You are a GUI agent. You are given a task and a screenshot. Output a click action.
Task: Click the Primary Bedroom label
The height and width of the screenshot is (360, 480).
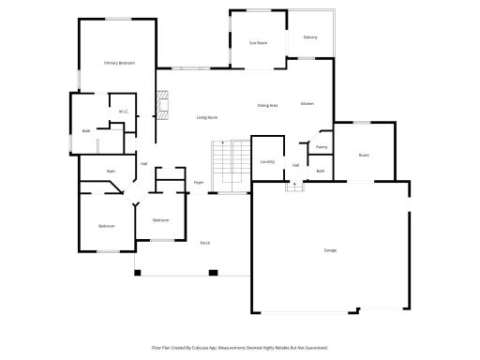(119, 63)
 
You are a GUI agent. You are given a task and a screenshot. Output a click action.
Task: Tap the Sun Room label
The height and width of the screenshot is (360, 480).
(258, 43)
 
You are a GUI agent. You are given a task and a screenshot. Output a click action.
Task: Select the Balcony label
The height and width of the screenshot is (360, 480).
(310, 37)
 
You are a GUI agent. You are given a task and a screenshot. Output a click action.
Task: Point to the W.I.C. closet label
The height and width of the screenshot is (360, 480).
(123, 112)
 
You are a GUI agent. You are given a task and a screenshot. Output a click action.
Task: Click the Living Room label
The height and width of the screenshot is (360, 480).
(207, 117)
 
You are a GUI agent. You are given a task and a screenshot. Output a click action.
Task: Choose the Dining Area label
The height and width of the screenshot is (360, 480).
(268, 105)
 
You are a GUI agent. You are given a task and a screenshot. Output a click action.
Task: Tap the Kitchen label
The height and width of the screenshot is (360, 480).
(307, 103)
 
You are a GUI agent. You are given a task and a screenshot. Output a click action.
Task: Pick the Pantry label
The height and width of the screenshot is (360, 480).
(322, 147)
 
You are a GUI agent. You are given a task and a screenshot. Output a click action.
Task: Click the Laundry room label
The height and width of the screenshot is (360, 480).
(266, 162)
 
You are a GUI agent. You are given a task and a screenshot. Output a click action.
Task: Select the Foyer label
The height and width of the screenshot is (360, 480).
(199, 182)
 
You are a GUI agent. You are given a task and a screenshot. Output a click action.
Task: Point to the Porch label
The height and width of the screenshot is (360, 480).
(204, 243)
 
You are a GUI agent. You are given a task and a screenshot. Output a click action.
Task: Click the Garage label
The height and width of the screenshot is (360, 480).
(330, 250)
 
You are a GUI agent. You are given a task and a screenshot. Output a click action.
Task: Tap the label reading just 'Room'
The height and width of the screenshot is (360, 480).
(364, 155)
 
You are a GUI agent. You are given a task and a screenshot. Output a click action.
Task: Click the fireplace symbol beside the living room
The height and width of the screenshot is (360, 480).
(162, 102)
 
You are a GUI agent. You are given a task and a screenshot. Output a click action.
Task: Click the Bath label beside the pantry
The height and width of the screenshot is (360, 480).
(320, 171)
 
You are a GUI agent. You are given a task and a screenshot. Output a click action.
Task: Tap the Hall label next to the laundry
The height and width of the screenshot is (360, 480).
(295, 166)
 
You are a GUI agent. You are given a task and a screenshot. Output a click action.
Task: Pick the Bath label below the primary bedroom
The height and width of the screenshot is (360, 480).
(86, 131)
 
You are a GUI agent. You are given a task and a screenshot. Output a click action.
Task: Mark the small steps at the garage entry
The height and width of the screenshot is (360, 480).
(294, 186)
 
